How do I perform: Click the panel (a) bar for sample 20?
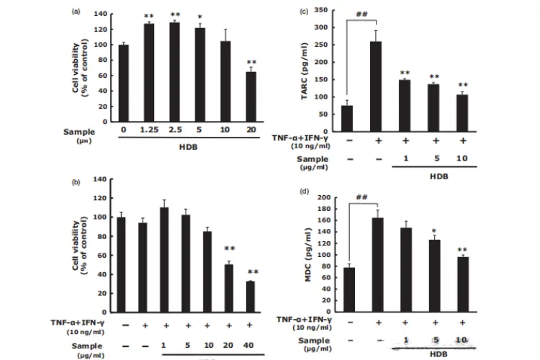tap(251, 96)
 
